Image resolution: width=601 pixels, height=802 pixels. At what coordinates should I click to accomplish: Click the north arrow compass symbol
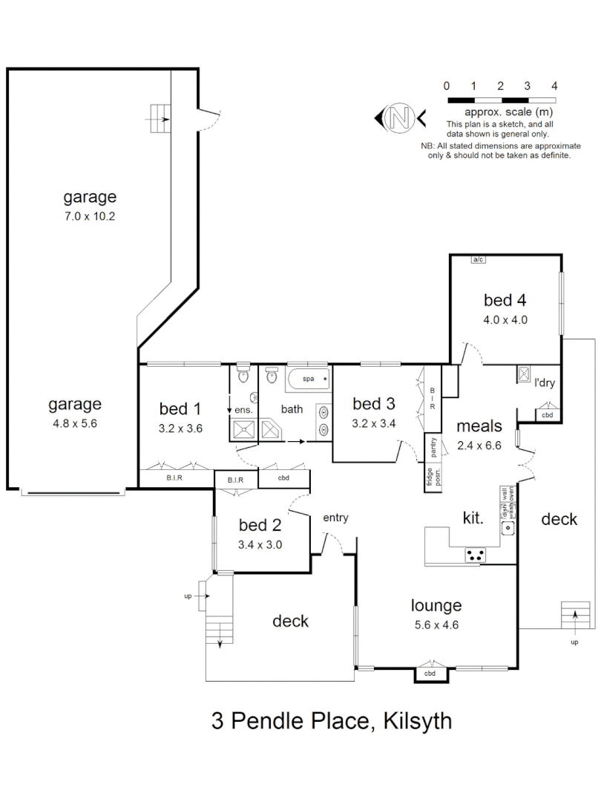coord(400,117)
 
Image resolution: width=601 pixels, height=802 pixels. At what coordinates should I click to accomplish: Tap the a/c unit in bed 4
coord(479,259)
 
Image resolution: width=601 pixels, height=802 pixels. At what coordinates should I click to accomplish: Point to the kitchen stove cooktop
coord(475,554)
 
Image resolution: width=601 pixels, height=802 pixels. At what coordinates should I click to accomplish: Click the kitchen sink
coord(508,529)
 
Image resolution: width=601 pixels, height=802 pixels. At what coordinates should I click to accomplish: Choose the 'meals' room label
coord(479,426)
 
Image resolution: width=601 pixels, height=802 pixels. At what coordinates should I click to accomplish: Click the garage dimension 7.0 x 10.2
coord(90,217)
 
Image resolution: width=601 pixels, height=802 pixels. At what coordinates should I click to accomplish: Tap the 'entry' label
coord(335,518)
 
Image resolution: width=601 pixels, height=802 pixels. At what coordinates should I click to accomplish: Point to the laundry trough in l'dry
coord(524,375)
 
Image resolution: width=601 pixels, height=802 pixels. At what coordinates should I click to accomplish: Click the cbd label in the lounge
coord(430,674)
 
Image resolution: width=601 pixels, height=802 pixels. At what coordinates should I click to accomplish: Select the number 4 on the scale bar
coord(554,86)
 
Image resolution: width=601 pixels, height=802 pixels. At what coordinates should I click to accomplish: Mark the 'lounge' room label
coord(436,605)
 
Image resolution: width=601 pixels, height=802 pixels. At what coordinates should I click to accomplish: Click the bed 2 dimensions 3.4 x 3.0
coord(260,544)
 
